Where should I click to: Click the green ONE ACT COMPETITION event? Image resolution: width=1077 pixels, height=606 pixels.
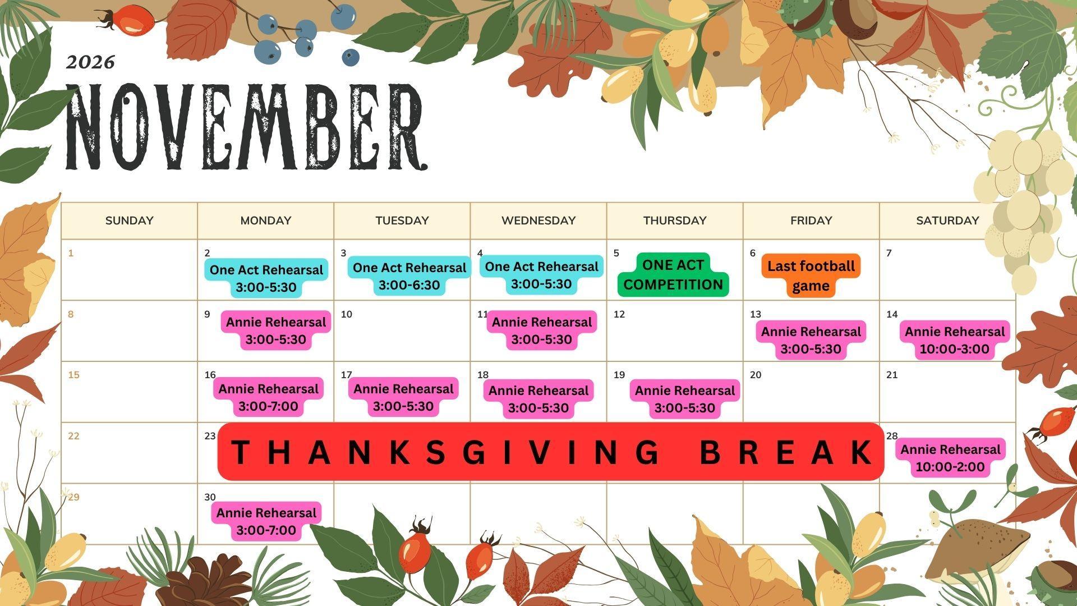point(673,275)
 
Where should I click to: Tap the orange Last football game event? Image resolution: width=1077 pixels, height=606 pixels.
point(811,276)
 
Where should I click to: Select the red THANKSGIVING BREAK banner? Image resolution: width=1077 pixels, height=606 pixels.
point(551,452)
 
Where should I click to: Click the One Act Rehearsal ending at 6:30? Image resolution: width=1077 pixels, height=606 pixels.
point(409,276)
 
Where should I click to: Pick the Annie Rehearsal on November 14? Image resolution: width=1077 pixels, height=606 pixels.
point(954,340)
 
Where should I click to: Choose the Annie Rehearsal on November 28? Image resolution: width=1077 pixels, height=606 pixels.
point(950,458)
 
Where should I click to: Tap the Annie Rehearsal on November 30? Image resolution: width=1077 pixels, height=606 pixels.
point(266,521)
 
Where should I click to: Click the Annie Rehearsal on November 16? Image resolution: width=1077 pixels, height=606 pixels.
point(268,397)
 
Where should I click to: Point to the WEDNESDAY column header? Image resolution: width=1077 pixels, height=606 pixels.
point(538,221)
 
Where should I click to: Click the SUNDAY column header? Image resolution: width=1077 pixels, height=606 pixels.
point(129,221)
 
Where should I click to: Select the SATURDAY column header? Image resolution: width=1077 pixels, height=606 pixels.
point(947,221)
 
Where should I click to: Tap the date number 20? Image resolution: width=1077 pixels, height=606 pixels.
point(756,375)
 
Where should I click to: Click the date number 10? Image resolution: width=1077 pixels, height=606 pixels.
point(347,314)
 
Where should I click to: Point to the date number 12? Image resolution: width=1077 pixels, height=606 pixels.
point(619,314)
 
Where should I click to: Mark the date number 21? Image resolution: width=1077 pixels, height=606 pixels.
point(892,375)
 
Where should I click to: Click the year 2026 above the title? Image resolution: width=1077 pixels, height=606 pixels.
point(90,62)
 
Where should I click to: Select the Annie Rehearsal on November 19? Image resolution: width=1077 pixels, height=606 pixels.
point(684,399)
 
